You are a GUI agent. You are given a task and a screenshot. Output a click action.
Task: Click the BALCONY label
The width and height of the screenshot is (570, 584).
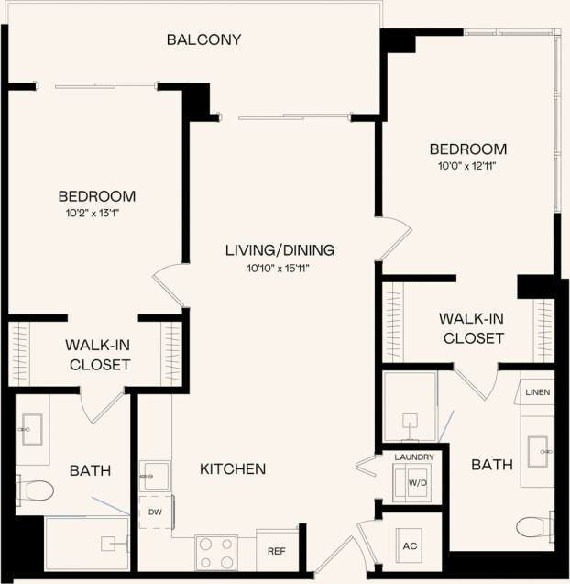(203, 39)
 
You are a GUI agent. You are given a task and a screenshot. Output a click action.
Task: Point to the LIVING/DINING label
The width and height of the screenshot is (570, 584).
(280, 249)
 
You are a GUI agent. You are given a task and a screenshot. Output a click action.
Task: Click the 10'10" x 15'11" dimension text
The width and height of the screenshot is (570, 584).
(280, 268)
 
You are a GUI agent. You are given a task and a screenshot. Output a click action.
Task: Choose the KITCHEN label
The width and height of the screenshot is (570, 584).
(233, 468)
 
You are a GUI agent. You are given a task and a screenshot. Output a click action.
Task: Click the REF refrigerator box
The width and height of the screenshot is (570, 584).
(276, 551)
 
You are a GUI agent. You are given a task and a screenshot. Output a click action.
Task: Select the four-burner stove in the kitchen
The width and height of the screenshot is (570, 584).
(216, 553)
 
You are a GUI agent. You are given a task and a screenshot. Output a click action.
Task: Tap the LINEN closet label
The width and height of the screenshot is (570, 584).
(537, 392)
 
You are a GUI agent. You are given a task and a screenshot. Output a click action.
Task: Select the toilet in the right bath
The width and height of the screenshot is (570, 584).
(534, 526)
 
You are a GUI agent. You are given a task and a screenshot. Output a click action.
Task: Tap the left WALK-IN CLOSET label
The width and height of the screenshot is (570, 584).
(97, 355)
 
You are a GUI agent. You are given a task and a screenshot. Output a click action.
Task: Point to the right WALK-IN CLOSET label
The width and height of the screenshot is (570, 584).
(473, 328)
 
